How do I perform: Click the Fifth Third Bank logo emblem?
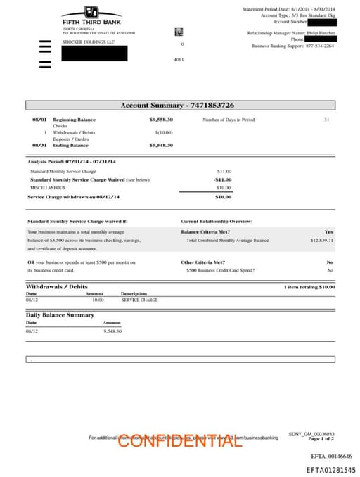click(x=91, y=12)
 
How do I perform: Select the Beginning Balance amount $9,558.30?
click(x=161, y=120)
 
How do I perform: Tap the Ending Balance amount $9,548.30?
click(x=161, y=145)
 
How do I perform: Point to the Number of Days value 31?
click(x=326, y=120)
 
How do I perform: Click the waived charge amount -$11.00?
click(x=222, y=179)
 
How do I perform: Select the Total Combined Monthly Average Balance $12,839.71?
click(x=321, y=241)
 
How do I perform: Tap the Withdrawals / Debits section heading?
click(x=57, y=287)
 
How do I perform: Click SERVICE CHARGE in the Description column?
click(x=139, y=300)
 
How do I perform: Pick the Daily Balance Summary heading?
click(x=60, y=315)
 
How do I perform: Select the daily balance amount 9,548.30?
click(x=112, y=331)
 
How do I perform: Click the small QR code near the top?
click(x=179, y=32)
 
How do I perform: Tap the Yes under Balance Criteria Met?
click(x=329, y=231)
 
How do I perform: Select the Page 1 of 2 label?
click(x=321, y=438)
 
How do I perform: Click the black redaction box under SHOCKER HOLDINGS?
click(x=94, y=53)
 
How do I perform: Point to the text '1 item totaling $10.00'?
click(x=309, y=287)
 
